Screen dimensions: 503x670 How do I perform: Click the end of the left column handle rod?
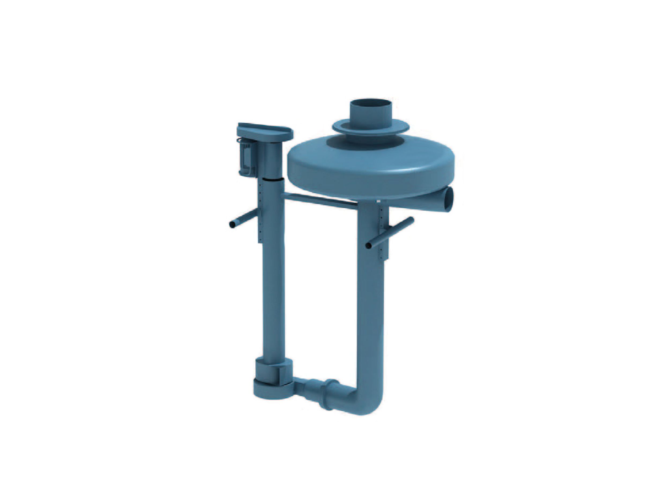[x=232, y=224]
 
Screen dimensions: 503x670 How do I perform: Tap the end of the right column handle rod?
[x=368, y=245]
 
